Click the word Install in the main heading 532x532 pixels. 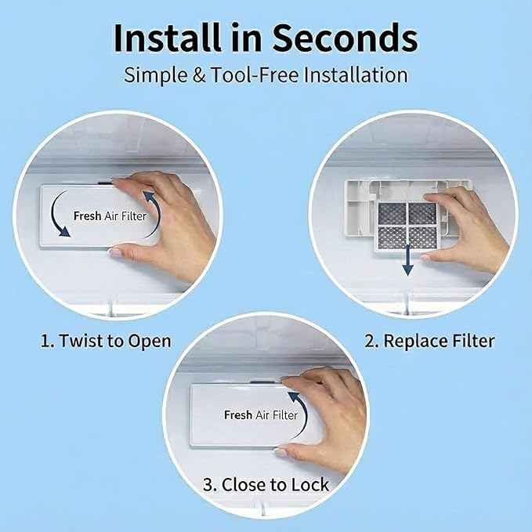pyautogui.click(x=168, y=38)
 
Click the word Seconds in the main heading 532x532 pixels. pyautogui.click(x=346, y=38)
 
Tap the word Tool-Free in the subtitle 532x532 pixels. pyautogui.click(x=255, y=75)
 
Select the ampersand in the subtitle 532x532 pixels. pyautogui.click(x=199, y=75)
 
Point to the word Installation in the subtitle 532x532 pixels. pyautogui.click(x=356, y=75)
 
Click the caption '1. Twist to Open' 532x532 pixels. pyautogui.click(x=106, y=341)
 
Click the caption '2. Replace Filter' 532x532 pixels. pyautogui.click(x=429, y=341)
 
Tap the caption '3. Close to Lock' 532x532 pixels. pyautogui.click(x=266, y=484)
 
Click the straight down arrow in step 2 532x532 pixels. pyautogui.click(x=407, y=261)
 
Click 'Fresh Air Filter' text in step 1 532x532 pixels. pyautogui.click(x=110, y=215)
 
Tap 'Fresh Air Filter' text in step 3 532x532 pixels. pyautogui.click(x=261, y=414)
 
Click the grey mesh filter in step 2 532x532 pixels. pyautogui.click(x=407, y=226)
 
